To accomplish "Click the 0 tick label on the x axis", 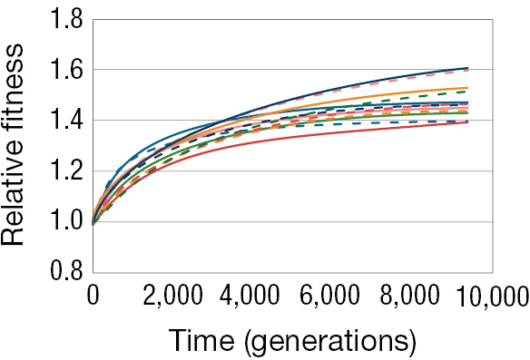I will click(x=93, y=297).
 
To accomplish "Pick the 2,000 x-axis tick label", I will click(x=172, y=297).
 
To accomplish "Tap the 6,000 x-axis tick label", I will click(x=332, y=297).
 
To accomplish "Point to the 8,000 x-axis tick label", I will click(x=412, y=297).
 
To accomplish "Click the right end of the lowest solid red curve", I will click(x=467, y=122).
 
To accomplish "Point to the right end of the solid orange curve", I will click(x=467, y=88).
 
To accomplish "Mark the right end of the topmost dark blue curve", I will click(x=467, y=68).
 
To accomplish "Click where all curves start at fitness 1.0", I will click(x=93, y=222).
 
